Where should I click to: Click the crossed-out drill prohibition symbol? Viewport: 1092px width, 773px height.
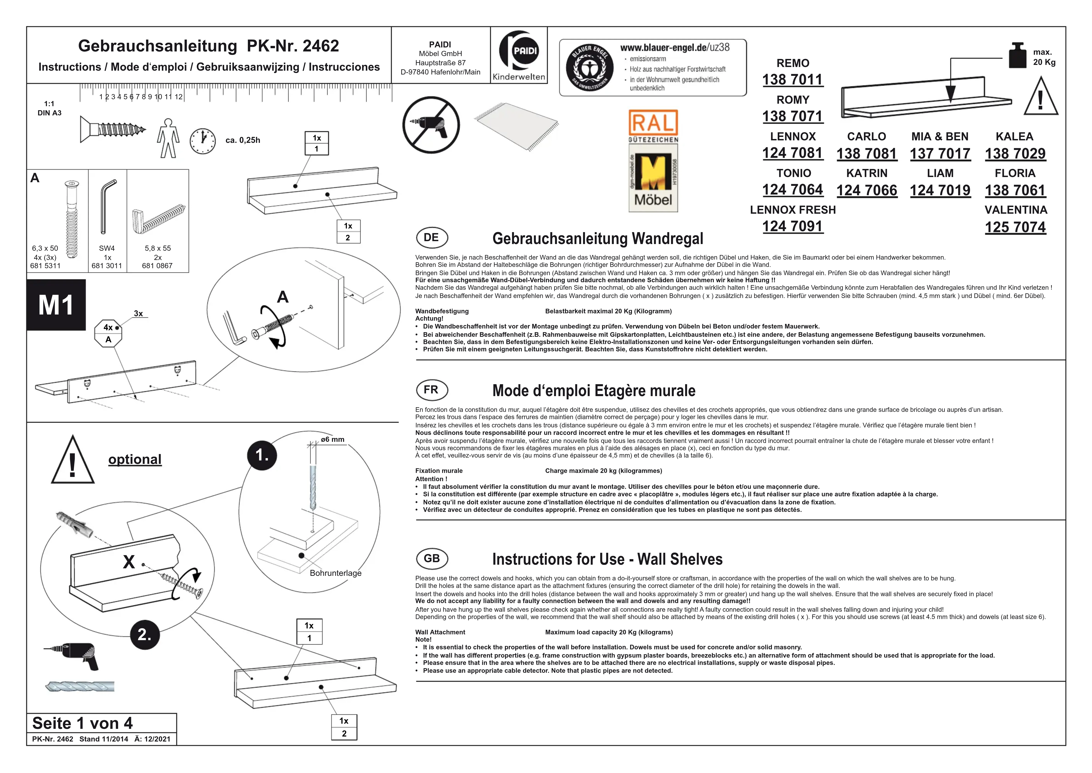coord(431,125)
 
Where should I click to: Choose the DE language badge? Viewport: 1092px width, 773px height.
coord(432,238)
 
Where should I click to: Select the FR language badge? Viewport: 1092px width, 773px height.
coord(432,390)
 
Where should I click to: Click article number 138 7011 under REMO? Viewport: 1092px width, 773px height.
coord(792,79)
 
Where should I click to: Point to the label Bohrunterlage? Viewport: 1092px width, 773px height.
coord(335,573)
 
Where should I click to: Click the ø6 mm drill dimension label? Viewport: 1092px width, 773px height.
coord(333,439)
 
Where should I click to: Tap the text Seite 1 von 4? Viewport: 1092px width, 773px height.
coord(82,723)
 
